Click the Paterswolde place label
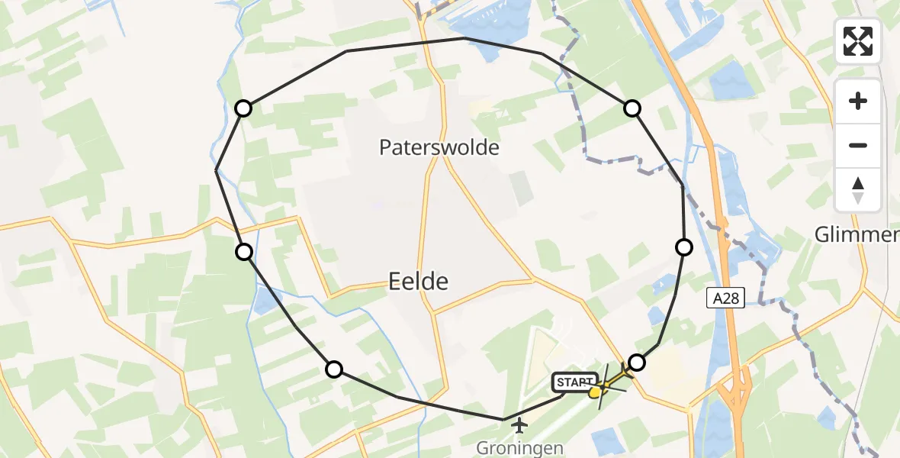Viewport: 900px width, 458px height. click(x=439, y=147)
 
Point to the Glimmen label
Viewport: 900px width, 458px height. click(x=857, y=234)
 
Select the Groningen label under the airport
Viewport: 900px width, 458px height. click(x=519, y=448)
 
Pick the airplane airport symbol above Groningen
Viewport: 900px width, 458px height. click(x=520, y=424)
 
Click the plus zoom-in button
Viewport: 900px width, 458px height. click(x=858, y=101)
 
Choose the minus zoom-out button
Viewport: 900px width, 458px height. click(x=858, y=145)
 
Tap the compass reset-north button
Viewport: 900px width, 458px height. click(x=858, y=189)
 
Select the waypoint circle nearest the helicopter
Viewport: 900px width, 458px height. click(x=636, y=363)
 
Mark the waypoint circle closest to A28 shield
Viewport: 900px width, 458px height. click(x=684, y=247)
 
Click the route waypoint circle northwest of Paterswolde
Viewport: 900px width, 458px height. click(x=243, y=108)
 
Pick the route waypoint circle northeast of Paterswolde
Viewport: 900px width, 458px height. click(x=632, y=108)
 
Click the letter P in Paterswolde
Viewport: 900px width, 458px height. click(x=386, y=147)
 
